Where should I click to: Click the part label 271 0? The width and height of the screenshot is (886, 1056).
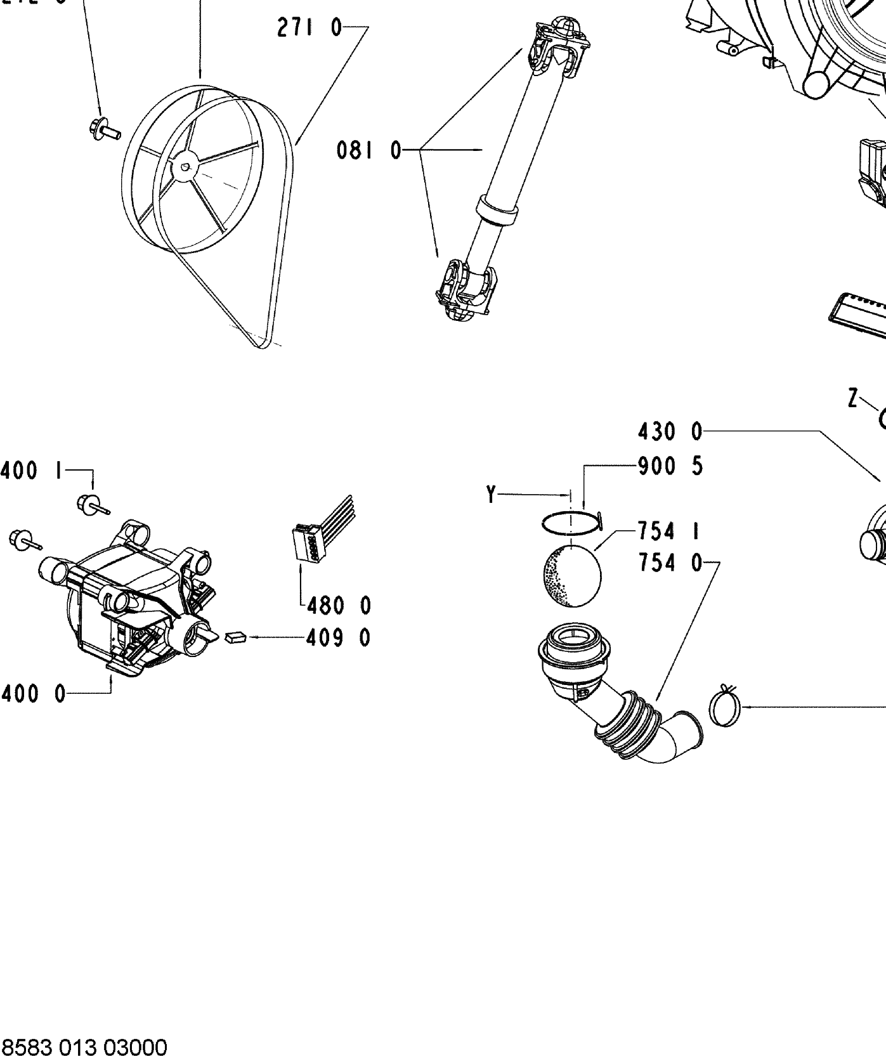pyautogui.click(x=309, y=29)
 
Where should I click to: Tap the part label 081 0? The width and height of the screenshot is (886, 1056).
pyautogui.click(x=369, y=151)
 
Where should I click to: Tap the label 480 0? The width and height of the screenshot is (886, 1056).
pyautogui.click(x=339, y=606)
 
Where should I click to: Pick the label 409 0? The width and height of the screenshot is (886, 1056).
pyautogui.click(x=338, y=637)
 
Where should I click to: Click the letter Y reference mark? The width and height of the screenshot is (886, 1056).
pyautogui.click(x=491, y=494)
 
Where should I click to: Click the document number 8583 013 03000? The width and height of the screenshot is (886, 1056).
pyautogui.click(x=84, y=1046)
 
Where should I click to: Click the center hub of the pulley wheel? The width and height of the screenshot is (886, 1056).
pyautogui.click(x=185, y=167)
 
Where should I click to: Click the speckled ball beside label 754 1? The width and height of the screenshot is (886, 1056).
pyautogui.click(x=572, y=575)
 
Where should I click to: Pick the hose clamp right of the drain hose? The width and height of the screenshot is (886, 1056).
pyautogui.click(x=726, y=707)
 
